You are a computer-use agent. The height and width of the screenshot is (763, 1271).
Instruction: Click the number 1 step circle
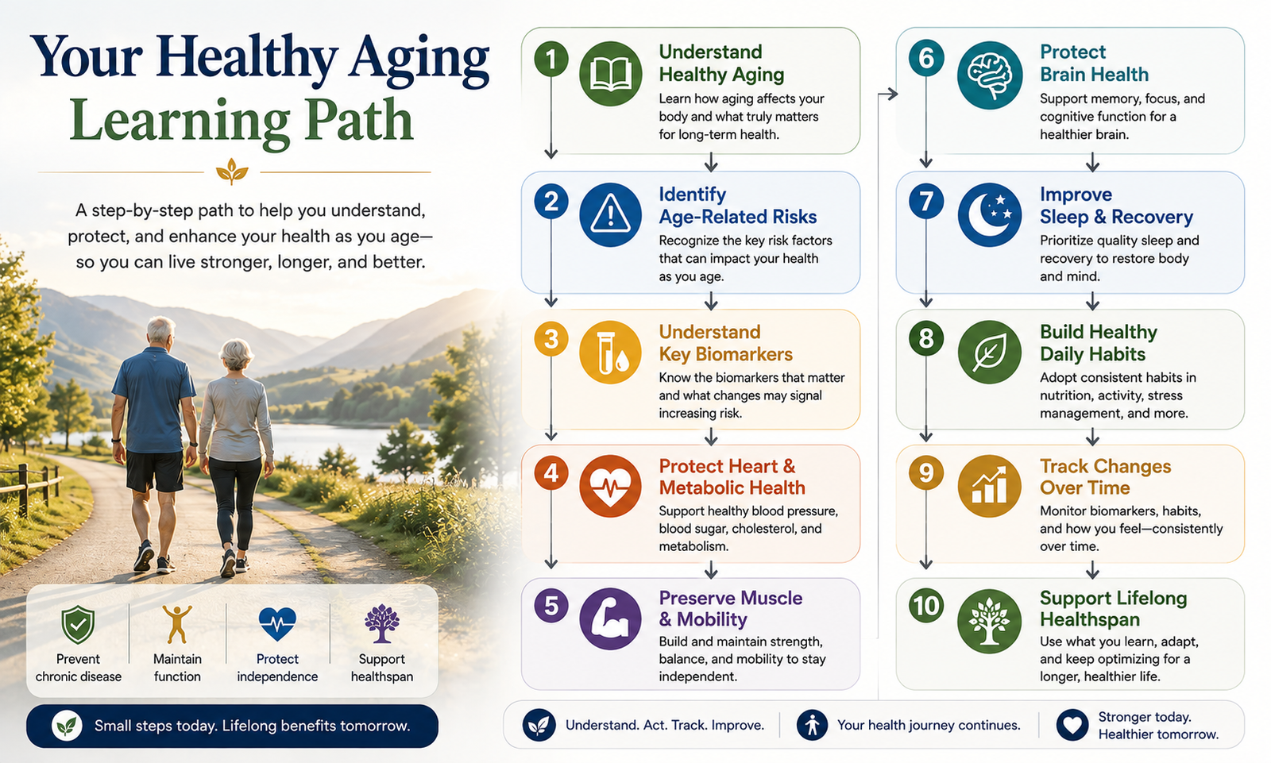pos(551,59)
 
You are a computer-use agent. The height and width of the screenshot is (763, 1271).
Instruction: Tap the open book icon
pos(611,74)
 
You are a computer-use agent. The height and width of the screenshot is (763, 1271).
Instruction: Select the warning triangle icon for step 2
pos(611,214)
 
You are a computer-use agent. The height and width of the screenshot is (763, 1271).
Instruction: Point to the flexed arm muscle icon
pos(611,618)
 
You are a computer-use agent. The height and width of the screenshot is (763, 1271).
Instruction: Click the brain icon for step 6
pos(990,75)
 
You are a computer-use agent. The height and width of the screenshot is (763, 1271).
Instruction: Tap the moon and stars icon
pos(990,214)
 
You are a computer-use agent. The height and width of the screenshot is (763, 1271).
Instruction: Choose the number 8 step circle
pos(926,339)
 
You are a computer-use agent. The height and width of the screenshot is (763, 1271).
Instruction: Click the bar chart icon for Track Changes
pos(990,486)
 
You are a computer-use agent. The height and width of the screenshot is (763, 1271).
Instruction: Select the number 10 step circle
pos(926,605)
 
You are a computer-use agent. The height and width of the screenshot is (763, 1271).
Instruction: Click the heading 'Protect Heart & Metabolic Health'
pos(732,476)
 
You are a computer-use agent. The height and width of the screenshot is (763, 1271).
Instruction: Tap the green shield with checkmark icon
pos(78,624)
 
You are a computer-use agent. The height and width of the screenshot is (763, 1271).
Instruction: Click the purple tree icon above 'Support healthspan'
pos(382,623)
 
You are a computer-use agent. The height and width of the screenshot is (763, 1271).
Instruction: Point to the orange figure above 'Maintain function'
pos(177,624)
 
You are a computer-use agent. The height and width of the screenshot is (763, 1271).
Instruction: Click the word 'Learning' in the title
pos(180,121)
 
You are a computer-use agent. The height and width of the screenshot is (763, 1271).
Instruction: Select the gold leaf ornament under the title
pos(232,171)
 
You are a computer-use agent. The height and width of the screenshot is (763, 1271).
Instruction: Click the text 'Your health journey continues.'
pos(929,725)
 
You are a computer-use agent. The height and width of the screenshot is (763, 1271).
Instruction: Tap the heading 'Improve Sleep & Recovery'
pos(1116,206)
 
